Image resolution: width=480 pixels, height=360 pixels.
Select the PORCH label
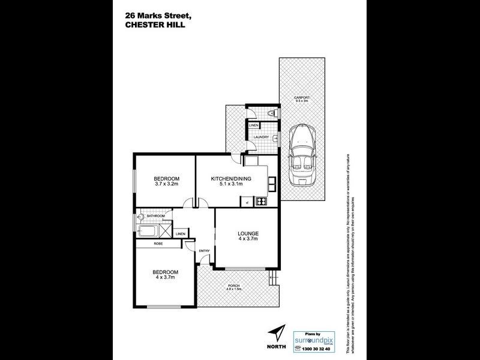click(x=233, y=286)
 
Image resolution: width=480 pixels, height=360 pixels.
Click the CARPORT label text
click(x=301, y=97)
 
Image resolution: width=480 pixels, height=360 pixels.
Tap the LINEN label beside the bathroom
click(x=180, y=234)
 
